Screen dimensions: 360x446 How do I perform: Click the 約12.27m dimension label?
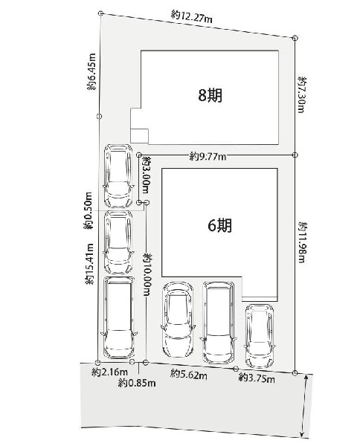[x=191, y=16]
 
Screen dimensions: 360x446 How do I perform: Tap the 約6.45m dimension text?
[x=91, y=71]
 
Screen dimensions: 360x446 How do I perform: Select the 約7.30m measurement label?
[x=302, y=94]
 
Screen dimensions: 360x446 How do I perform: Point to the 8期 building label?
[x=210, y=95]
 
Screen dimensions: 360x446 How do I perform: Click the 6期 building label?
[x=219, y=225]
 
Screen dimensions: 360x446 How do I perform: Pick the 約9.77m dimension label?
[x=208, y=156]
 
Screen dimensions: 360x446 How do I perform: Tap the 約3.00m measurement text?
[x=147, y=175]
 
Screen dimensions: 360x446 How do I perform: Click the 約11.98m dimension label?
[x=302, y=242]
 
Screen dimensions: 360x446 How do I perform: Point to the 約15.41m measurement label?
[x=89, y=264]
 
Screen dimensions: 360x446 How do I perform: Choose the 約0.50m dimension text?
[x=89, y=211]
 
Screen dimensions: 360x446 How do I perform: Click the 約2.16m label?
[x=109, y=372]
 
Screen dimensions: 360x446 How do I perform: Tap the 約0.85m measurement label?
[x=137, y=383]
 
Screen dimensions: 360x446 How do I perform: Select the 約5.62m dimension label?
[x=189, y=374]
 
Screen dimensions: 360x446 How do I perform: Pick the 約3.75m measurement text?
[x=257, y=378]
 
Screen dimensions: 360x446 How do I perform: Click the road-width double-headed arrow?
[x=305, y=409]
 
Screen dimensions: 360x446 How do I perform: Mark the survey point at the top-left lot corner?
[x=100, y=13]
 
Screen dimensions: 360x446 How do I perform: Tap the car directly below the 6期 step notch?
[x=260, y=336]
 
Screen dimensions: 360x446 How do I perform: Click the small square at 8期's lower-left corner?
[x=139, y=136]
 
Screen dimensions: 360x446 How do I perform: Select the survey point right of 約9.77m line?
[x=295, y=155]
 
